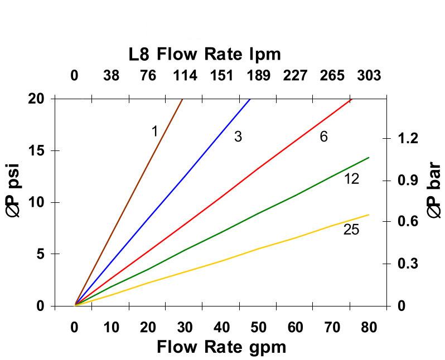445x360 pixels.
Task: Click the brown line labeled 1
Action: coord(128,202)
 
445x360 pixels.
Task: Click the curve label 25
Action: coord(351,230)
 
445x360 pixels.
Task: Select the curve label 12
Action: coord(351,179)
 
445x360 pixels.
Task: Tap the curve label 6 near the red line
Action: coord(323,137)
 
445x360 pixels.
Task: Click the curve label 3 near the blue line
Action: coord(238,137)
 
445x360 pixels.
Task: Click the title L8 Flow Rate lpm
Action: coord(205,54)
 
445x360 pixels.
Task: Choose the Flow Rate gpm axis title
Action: coord(221,347)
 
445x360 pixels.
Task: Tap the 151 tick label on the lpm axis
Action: coord(221,75)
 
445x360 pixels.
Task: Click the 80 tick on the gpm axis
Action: coord(369,327)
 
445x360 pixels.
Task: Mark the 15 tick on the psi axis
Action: coord(37,150)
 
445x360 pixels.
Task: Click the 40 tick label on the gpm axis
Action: coord(221,327)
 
